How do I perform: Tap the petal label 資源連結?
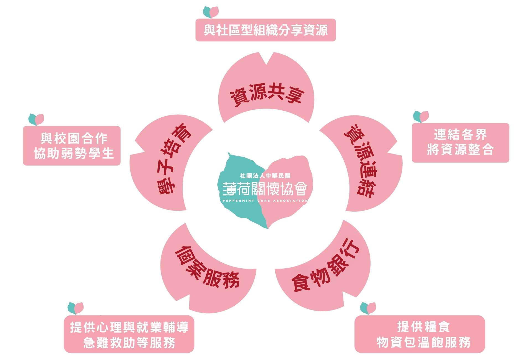coord(360,161)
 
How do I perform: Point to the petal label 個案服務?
coord(207,267)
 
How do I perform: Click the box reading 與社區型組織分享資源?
coord(266,30)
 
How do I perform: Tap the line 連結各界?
coord(460,135)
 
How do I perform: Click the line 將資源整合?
coord(460,150)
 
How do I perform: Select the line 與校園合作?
coord(74,138)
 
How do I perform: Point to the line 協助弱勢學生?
coord(74,153)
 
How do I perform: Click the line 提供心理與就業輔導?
coord(129,327)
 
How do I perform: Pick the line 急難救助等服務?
coord(129,343)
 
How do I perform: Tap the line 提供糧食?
coord(423,327)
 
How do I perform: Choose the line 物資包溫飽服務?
coord(423,342)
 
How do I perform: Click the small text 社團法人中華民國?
coord(265,176)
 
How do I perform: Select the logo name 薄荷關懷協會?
coord(265,189)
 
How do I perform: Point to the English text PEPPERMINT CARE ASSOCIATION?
coord(265,200)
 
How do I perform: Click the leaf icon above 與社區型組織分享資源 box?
coord(211,12)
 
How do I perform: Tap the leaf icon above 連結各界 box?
coord(421,117)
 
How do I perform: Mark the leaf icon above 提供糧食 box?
coord(368,308)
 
